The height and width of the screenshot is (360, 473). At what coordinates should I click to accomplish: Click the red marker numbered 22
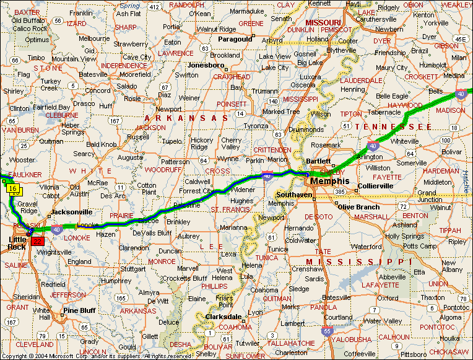[x=37, y=242]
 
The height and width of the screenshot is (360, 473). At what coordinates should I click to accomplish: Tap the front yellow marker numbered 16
[x=12, y=188]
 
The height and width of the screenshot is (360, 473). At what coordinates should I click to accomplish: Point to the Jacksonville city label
[x=72, y=212]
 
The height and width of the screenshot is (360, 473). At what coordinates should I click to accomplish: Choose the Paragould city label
[x=235, y=38]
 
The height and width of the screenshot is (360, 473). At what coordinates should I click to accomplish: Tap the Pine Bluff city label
[x=79, y=310]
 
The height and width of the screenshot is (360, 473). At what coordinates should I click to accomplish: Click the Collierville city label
[x=376, y=185]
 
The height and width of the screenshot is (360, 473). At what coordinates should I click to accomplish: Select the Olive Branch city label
[x=358, y=207]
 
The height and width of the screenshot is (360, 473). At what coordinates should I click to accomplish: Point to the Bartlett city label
[x=318, y=160]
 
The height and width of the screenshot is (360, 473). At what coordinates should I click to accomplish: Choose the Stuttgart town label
[x=134, y=270]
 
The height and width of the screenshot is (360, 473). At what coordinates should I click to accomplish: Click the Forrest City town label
[x=195, y=191]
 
